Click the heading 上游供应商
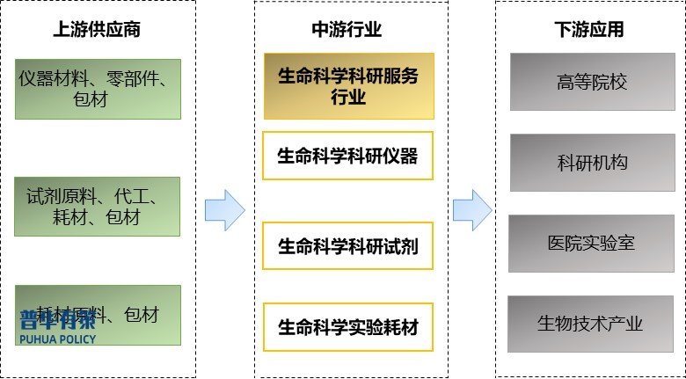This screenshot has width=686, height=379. tap(97, 29)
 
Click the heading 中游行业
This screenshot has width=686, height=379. tap(347, 29)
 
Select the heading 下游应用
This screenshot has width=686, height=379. tap(589, 29)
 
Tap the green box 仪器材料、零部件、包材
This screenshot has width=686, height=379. tap(98, 88)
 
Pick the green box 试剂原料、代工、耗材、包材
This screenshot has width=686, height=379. tap(98, 206)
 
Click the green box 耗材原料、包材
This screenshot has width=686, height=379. tap(98, 314)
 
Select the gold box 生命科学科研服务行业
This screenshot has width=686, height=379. tap(348, 85)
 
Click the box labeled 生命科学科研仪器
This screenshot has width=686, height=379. tap(348, 156)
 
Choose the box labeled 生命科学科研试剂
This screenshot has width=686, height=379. tap(348, 246)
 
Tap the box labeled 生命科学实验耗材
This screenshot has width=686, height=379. tap(348, 328)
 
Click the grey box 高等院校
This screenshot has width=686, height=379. tap(592, 82)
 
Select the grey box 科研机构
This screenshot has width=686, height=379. tap(592, 163)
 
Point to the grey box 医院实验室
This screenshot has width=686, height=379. tap(592, 242)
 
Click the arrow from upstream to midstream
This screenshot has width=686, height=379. tap(224, 210)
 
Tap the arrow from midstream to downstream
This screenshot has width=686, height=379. tap(471, 210)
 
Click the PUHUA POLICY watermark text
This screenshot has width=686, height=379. tap(58, 338)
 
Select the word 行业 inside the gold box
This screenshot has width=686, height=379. tap(348, 97)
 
